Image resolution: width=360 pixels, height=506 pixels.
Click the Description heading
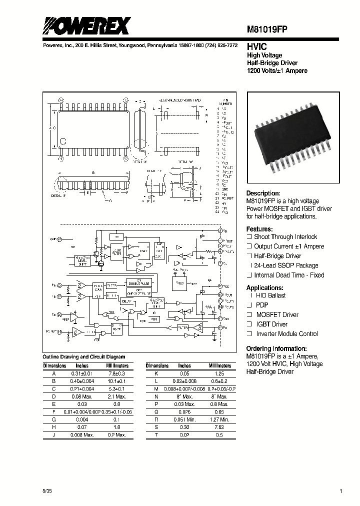(x=263, y=193)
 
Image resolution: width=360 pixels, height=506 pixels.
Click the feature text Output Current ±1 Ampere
(x=289, y=246)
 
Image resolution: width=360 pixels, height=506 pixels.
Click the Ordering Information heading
(x=276, y=348)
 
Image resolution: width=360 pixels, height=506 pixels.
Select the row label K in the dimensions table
(x=156, y=373)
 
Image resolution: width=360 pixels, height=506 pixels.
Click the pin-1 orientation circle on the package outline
(x=56, y=128)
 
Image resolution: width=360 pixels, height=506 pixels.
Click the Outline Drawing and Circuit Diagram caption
(x=84, y=357)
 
